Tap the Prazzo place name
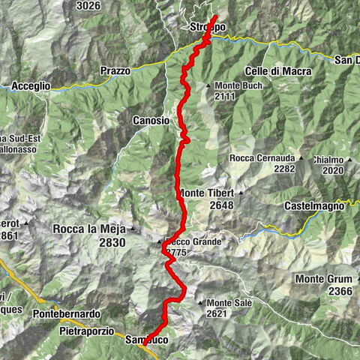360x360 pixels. pos(115,70)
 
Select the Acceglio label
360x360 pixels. pos(31,86)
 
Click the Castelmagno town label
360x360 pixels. pos(314,205)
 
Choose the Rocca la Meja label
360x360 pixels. pos(89,229)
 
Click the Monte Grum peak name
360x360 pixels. pos(323,279)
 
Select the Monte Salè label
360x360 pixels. pos(229,302)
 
